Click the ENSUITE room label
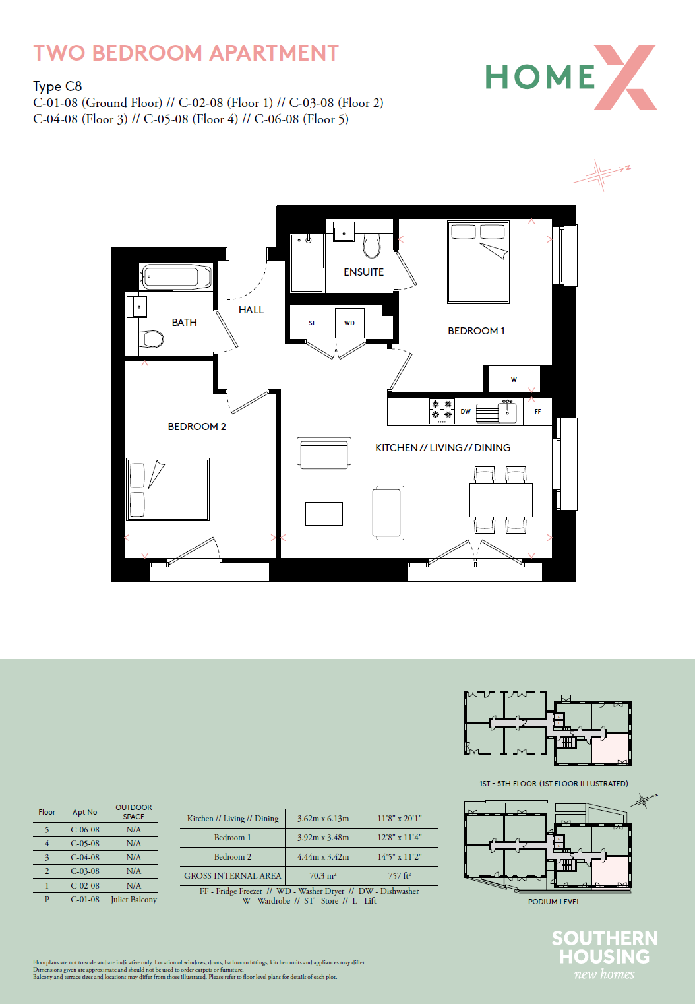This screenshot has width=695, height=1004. [363, 272]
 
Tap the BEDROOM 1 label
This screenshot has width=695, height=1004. [476, 330]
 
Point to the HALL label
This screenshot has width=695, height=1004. [251, 310]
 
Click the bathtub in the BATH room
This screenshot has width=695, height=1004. [175, 276]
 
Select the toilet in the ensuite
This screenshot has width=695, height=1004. [371, 245]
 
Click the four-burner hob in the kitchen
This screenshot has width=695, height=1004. [442, 411]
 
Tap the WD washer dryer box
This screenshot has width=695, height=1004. [349, 323]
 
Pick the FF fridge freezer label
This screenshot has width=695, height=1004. [537, 411]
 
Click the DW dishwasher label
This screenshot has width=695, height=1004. [466, 411]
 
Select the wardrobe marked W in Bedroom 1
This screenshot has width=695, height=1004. [514, 379]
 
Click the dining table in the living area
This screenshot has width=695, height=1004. [501, 500]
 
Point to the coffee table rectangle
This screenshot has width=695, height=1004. [324, 513]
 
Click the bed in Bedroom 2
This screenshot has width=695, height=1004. [167, 489]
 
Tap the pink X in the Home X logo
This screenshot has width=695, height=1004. [625, 77]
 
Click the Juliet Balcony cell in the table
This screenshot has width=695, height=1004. [134, 899]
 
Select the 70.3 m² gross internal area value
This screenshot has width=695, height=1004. [322, 875]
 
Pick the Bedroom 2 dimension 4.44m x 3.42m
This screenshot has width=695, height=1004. [322, 856]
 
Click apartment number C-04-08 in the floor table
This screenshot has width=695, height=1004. [84, 857]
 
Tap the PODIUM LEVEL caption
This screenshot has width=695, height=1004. [554, 901]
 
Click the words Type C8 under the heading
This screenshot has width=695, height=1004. [57, 86]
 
